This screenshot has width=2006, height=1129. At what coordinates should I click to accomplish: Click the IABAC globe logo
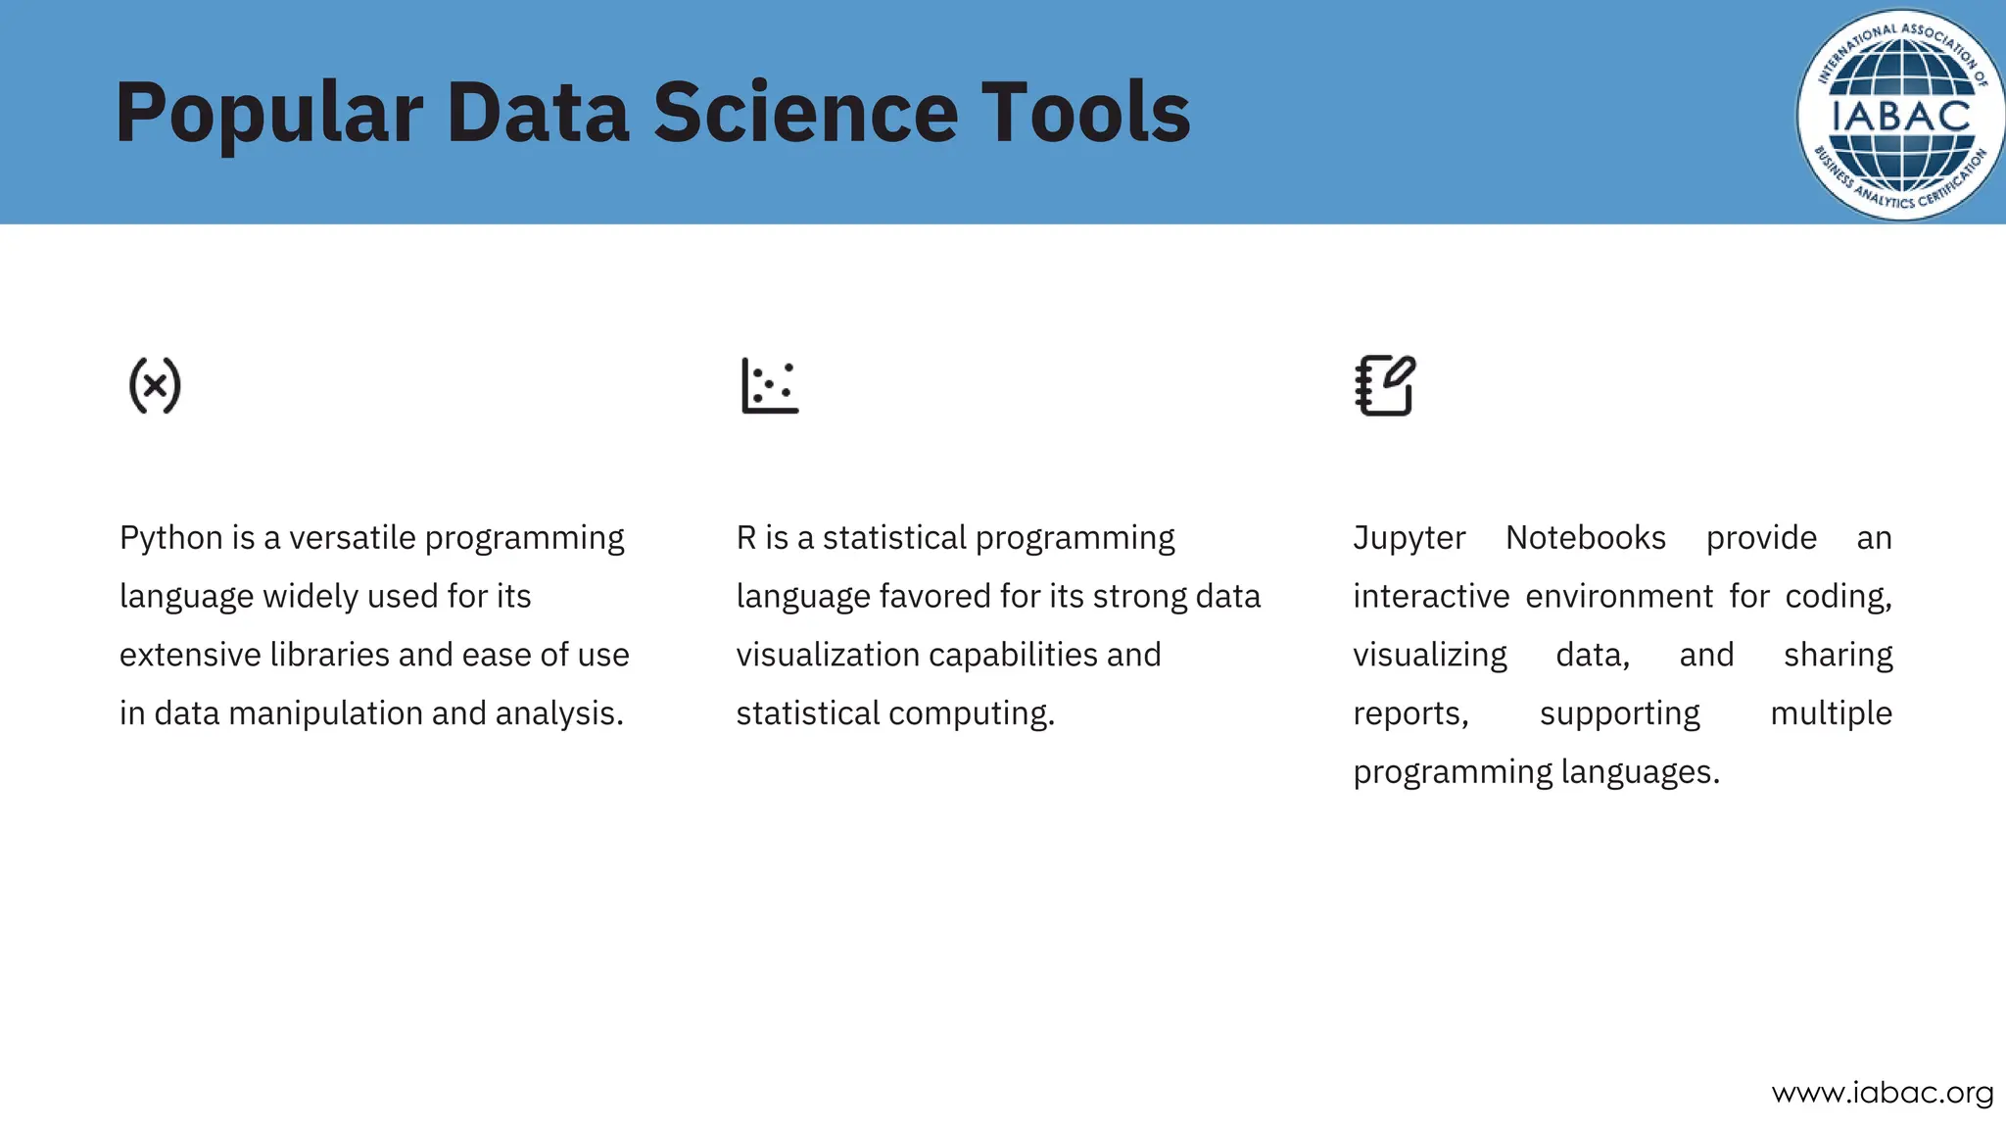pos(1899,115)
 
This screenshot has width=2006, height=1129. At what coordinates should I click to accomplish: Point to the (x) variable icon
pos(155,385)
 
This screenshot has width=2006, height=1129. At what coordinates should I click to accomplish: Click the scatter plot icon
pos(770,385)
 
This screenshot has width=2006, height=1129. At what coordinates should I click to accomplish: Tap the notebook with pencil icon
pos(1385,385)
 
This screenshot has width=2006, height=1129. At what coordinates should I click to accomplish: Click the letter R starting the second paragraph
pos(746,538)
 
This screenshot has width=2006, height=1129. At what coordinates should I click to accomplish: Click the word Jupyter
pos(1409,538)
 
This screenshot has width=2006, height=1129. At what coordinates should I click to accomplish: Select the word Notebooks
pos(1586,538)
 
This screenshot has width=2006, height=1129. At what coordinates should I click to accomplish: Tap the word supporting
pos(1620,713)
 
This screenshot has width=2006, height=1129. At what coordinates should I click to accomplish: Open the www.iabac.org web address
pos(1883,1093)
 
